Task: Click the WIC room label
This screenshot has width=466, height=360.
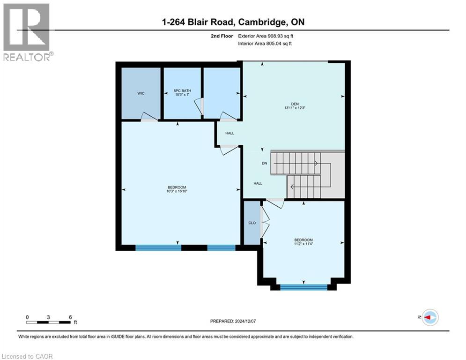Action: coord(141,93)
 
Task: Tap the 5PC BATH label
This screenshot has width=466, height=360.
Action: coord(182,91)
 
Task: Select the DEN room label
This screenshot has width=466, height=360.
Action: coord(292,105)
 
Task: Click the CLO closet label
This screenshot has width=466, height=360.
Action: coord(252,223)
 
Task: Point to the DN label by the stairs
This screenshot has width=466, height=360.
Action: coord(264,164)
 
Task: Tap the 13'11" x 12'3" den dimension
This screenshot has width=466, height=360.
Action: coord(292,109)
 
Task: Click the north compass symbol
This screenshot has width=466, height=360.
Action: coord(429,317)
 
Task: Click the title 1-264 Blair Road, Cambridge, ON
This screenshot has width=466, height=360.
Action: coord(232,22)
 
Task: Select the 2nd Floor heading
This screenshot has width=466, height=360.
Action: coord(221,36)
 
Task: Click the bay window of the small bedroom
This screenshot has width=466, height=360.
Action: coord(303,287)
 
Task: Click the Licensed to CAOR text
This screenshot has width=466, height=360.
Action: coord(27,356)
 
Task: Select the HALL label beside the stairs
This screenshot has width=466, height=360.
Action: coord(258,183)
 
